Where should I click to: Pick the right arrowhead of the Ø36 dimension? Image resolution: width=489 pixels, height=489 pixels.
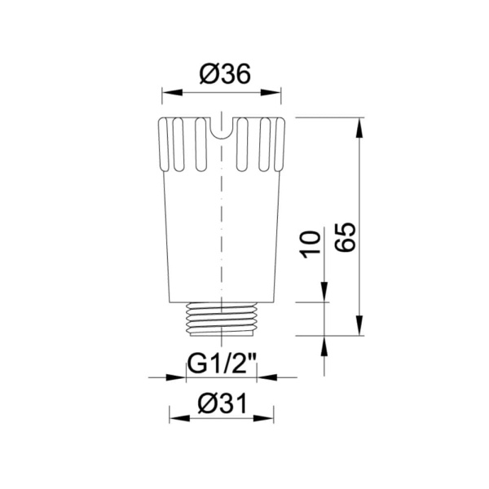[x=279, y=92]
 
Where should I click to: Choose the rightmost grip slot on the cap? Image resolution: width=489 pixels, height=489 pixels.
[x=276, y=145]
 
